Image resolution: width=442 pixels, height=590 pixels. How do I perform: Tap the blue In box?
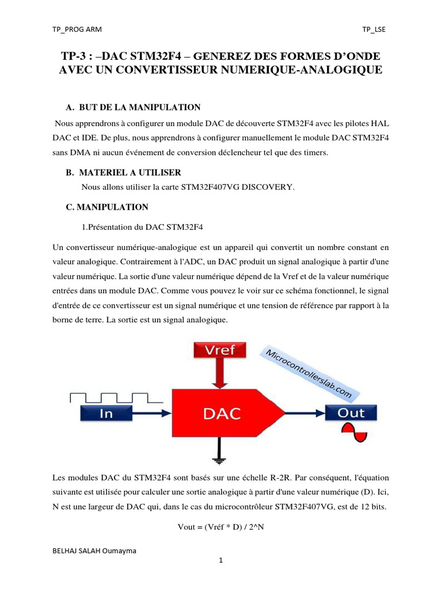point(106,413)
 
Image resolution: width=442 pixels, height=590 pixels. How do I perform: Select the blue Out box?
point(351,413)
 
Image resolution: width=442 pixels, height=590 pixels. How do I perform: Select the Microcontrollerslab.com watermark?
point(309,373)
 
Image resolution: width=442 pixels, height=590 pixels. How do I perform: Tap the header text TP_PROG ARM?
point(77,29)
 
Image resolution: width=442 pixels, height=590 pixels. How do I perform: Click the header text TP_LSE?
point(374,29)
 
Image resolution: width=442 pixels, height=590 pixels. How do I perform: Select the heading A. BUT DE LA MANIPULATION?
point(134,107)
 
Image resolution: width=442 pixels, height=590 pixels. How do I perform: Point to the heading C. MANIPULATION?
point(108,207)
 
